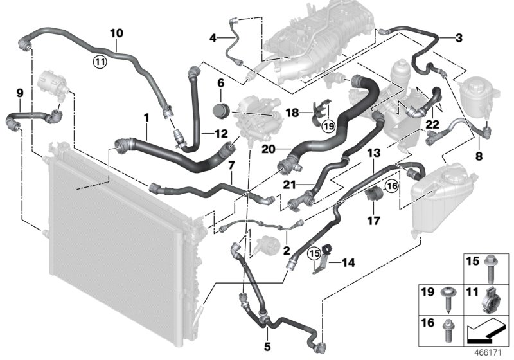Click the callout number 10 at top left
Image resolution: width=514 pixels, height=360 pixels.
click(x=116, y=32)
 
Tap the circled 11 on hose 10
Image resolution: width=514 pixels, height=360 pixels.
click(x=98, y=62)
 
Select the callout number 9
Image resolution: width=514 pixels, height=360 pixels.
click(x=19, y=93)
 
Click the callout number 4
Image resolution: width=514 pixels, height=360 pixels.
click(x=213, y=38)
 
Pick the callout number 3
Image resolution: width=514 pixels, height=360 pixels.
click(x=458, y=38)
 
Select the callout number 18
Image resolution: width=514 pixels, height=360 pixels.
click(x=292, y=113)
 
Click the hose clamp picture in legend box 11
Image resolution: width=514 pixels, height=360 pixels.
click(x=493, y=299)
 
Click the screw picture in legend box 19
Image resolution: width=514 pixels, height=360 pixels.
click(x=447, y=299)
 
